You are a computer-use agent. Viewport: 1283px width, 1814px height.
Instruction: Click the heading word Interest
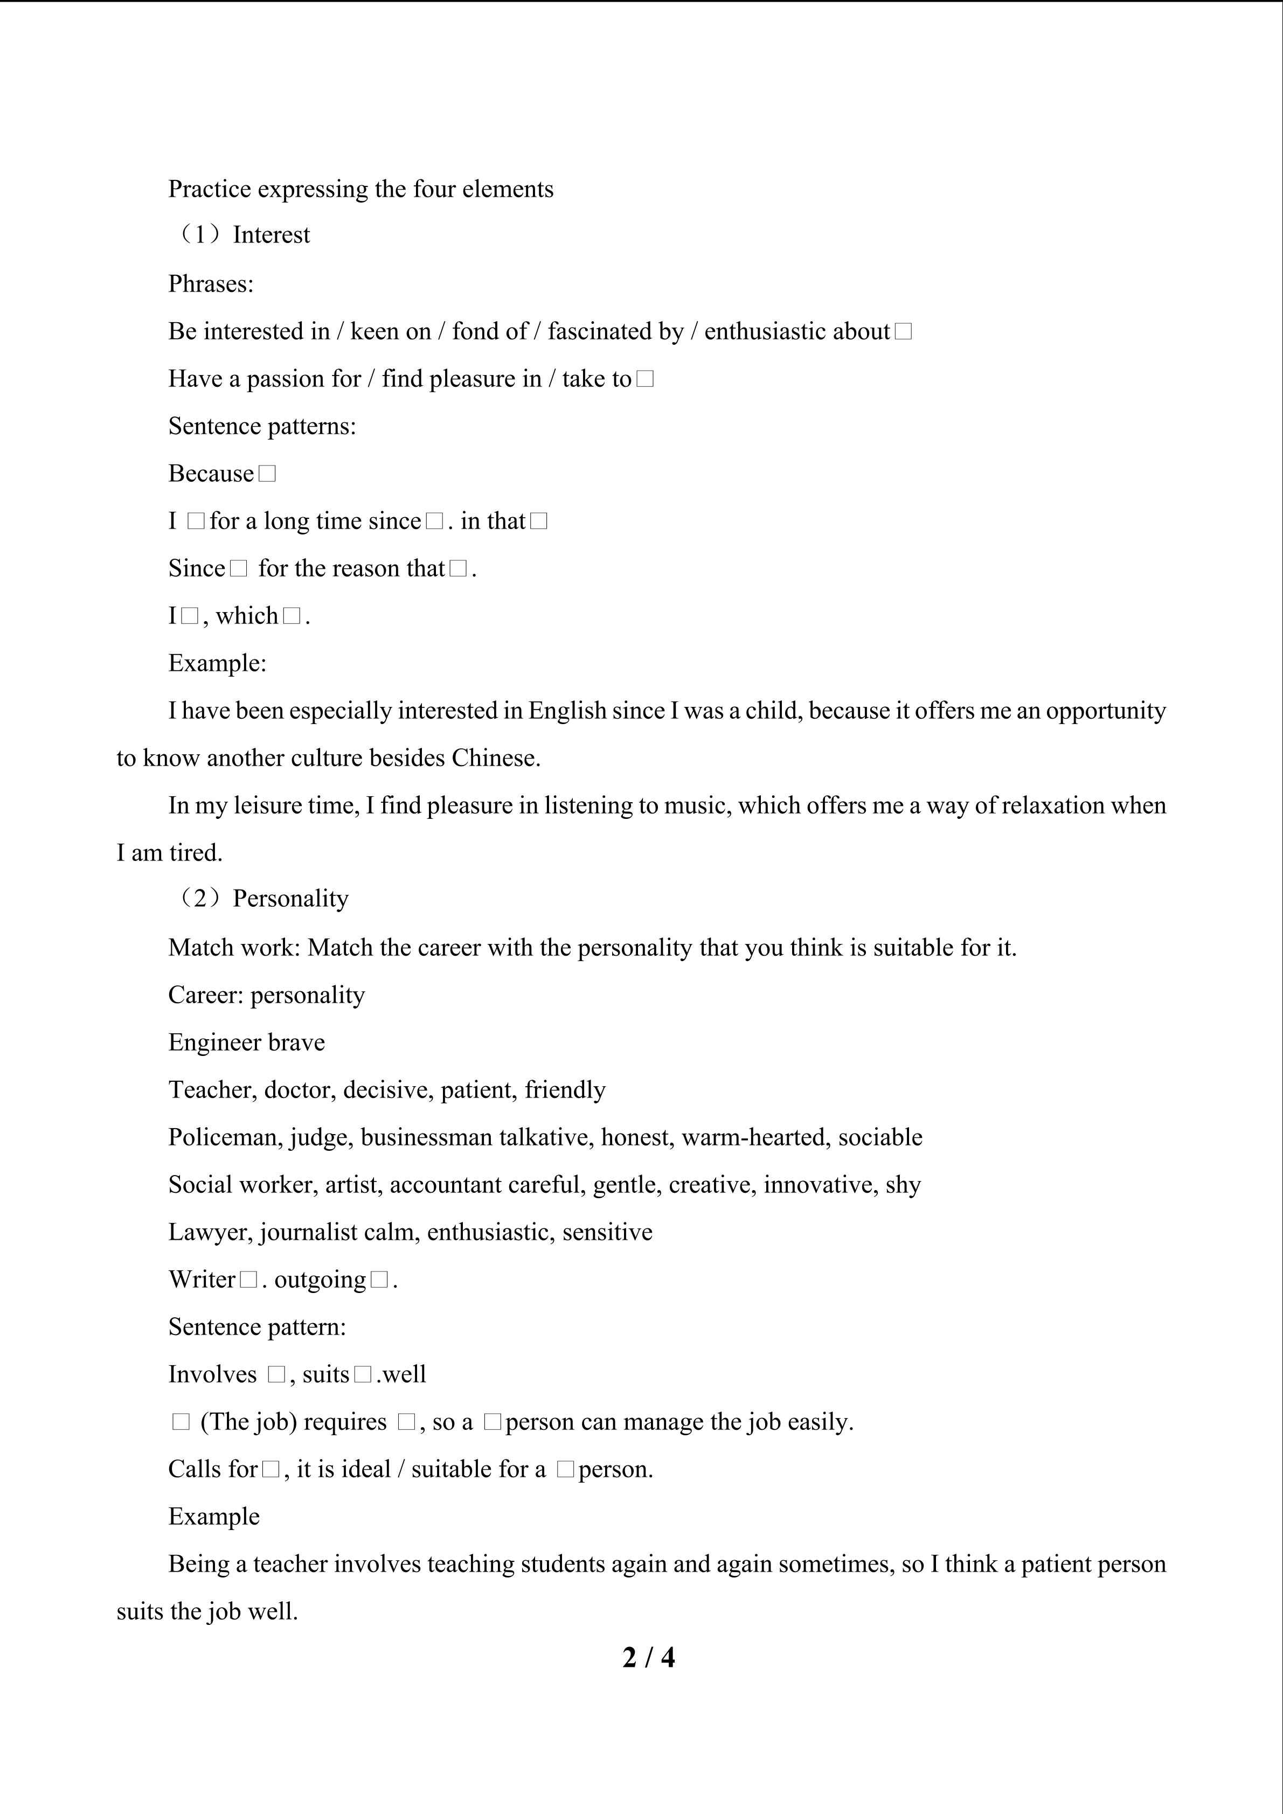coord(271,235)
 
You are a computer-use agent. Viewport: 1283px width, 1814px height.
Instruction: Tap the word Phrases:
coord(211,283)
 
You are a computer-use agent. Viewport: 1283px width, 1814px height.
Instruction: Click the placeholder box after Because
coord(267,474)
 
